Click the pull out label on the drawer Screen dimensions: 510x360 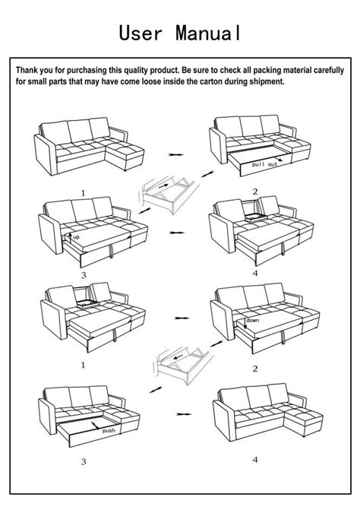pyautogui.click(x=266, y=164)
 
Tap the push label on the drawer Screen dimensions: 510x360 pyautogui.click(x=109, y=429)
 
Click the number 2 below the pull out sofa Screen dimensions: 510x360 pyautogui.click(x=255, y=192)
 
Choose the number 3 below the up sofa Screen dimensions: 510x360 pyautogui.click(x=84, y=274)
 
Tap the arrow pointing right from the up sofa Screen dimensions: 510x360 pyautogui.click(x=177, y=232)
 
